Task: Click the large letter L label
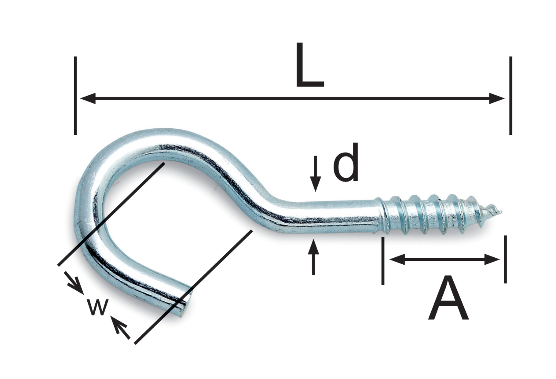pyautogui.click(x=310, y=65)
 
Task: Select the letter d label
pyautogui.click(x=346, y=162)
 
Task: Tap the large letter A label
pyautogui.click(x=448, y=298)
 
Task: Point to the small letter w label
pyautogui.click(x=98, y=307)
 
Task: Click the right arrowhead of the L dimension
pyautogui.click(x=497, y=99)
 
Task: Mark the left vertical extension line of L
pyautogui.click(x=75, y=96)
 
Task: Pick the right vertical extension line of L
pyautogui.click(x=510, y=96)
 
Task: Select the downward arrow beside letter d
pyautogui.click(x=315, y=174)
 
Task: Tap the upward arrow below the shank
pyautogui.click(x=313, y=257)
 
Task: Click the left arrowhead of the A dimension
pyautogui.click(x=397, y=260)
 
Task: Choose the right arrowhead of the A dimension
pyautogui.click(x=492, y=260)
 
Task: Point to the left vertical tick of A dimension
pyautogui.click(x=383, y=261)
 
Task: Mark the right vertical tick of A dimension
pyautogui.click(x=505, y=260)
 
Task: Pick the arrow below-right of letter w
pyautogui.click(x=120, y=328)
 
